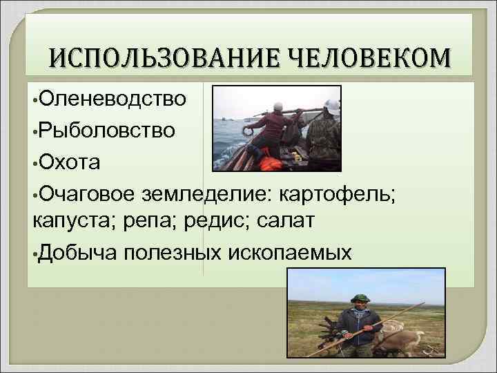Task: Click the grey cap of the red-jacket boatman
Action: tap(279, 106)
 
